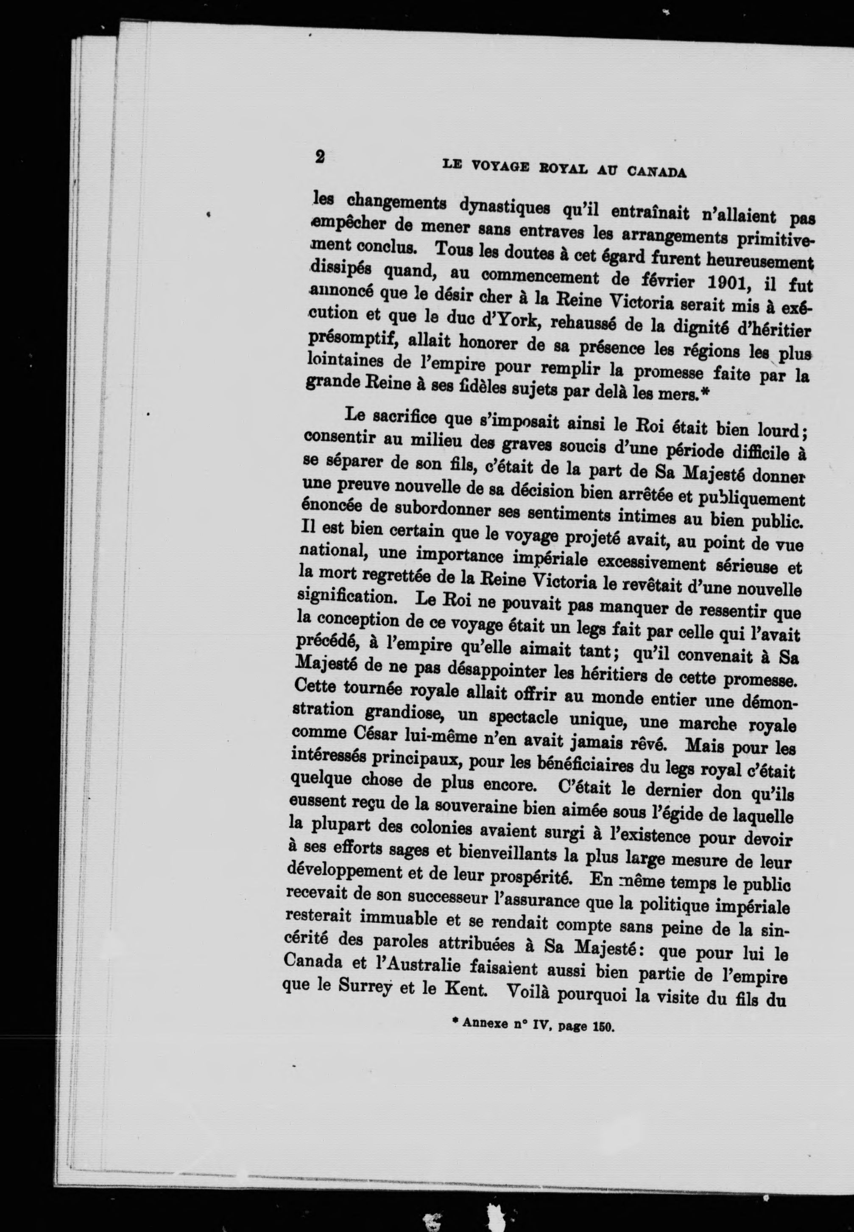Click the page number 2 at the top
320,157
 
